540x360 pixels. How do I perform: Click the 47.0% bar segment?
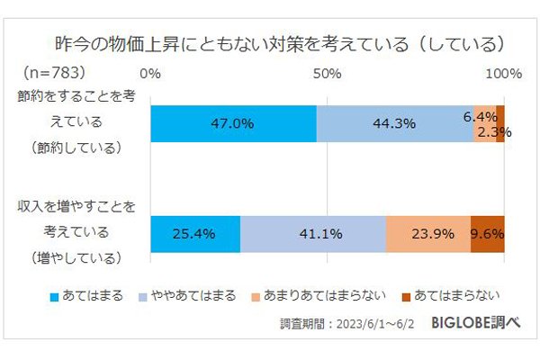coord(233,124)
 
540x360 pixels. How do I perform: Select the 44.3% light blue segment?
coord(394,124)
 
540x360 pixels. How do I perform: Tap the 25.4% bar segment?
coord(195,234)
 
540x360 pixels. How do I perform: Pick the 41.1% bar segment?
coord(313,234)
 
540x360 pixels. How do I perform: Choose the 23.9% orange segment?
coord(427,234)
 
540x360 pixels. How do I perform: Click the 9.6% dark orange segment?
coord(487,234)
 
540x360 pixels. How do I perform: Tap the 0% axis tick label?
coord(151,72)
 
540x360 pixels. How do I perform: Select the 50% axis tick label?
coord(327,72)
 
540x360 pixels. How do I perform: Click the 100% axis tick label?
coord(501,72)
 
